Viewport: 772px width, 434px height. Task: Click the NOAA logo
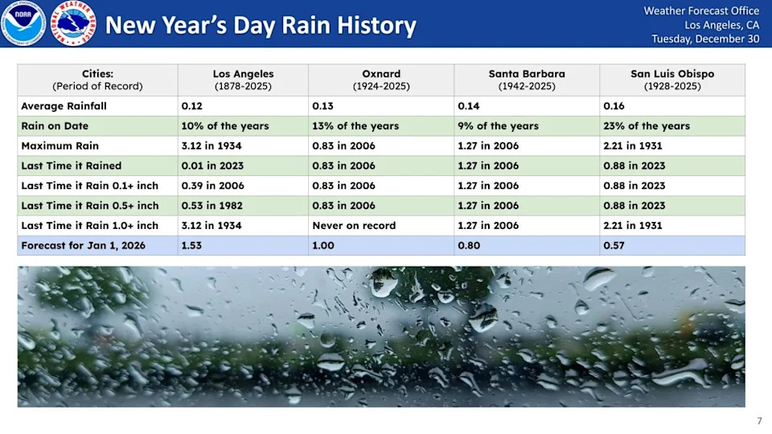[23, 23]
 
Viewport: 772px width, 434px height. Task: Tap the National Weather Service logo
[73, 23]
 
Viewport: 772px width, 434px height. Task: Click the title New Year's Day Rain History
[261, 25]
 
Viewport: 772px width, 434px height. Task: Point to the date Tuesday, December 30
[704, 39]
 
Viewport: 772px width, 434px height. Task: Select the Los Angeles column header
[243, 80]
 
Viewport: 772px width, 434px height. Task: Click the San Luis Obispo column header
[672, 80]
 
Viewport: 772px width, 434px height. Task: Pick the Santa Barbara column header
[527, 80]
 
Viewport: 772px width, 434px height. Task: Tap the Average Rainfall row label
[64, 106]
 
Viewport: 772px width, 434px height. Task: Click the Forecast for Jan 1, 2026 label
[83, 245]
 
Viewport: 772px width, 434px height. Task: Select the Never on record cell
[354, 226]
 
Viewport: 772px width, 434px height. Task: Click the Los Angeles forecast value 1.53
[192, 245]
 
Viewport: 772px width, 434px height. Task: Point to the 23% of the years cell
[647, 126]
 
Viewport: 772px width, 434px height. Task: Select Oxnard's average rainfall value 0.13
[322, 106]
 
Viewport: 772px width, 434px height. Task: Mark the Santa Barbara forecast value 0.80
[469, 245]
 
